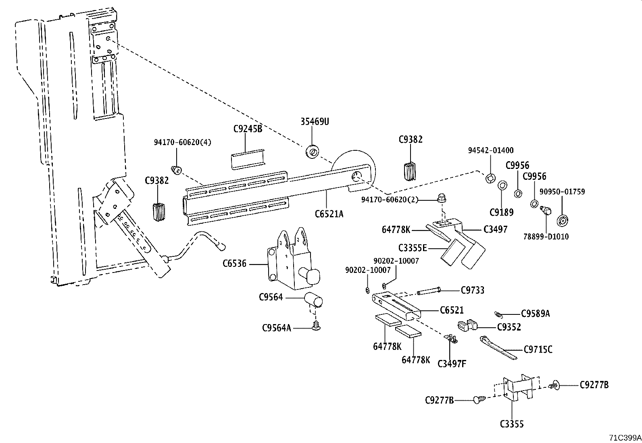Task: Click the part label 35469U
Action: (x=315, y=121)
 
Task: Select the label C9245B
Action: (x=248, y=129)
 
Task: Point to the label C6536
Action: (x=234, y=264)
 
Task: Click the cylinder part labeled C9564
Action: (x=314, y=300)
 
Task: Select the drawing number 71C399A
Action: (x=625, y=437)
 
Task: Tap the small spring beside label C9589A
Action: (x=498, y=314)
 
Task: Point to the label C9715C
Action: (x=538, y=349)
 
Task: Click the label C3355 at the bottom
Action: (x=512, y=424)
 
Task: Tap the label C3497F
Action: (x=452, y=364)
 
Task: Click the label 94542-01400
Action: (x=491, y=150)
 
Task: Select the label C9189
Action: (x=502, y=212)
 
